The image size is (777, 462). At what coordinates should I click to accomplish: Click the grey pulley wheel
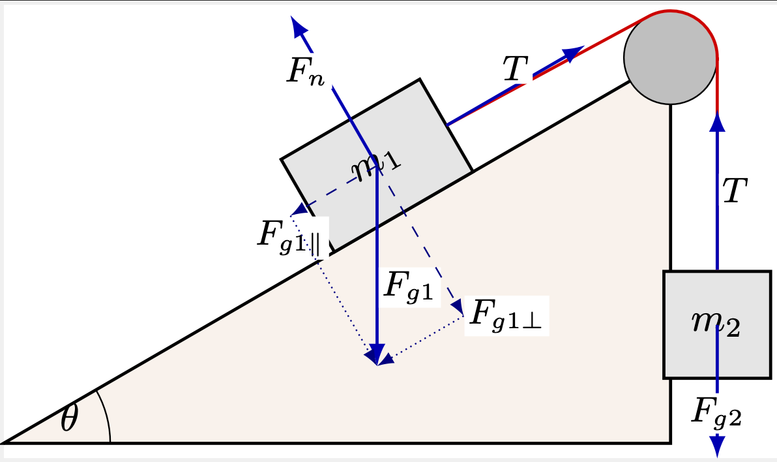(671, 57)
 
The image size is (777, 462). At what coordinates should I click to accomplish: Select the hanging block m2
(718, 325)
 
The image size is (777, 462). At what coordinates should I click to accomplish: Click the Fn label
(306, 72)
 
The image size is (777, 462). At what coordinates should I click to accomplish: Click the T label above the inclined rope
(516, 68)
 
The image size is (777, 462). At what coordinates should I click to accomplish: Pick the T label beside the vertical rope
(735, 190)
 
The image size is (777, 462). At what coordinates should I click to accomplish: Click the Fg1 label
(409, 287)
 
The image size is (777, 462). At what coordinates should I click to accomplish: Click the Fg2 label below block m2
(716, 412)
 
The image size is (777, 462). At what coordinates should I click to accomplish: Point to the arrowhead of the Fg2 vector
(717, 446)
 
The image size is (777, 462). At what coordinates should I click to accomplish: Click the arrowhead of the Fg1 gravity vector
(377, 355)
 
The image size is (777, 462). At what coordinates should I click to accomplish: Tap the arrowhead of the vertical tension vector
(717, 121)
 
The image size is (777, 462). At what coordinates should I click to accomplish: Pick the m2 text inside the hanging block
(716, 324)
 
